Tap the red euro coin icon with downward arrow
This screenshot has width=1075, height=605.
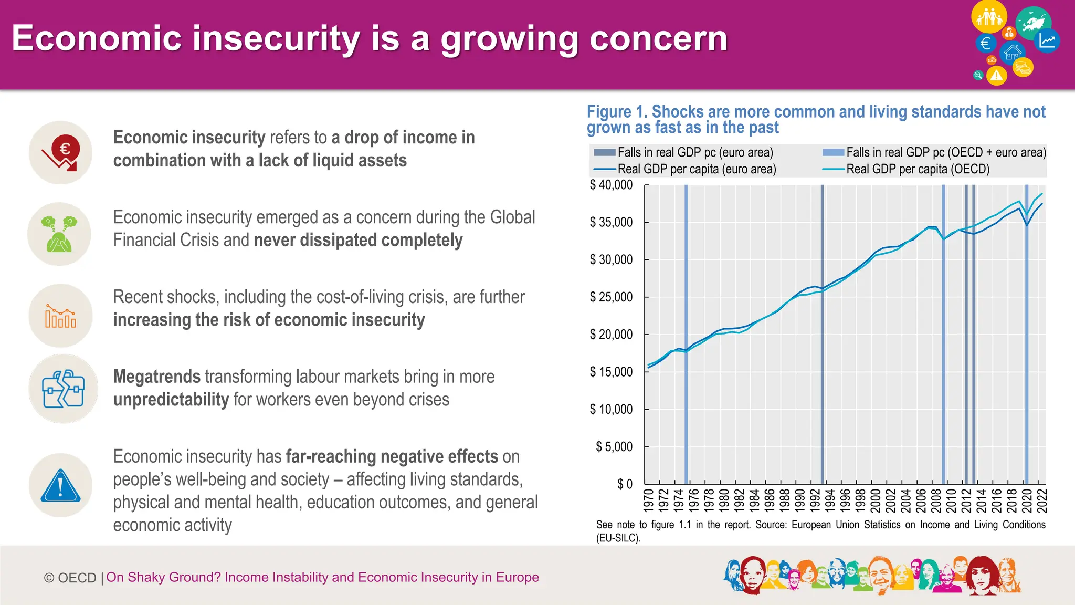click(61, 153)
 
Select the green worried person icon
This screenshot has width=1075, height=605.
click(59, 234)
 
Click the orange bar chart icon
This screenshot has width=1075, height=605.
click(60, 316)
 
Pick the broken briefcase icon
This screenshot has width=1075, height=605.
click(63, 389)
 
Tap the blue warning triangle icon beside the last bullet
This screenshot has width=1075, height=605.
click(61, 486)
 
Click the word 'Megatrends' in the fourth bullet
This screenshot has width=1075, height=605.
click(157, 377)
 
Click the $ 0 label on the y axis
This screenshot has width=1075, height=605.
click(625, 484)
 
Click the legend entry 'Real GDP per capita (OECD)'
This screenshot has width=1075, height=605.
click(918, 169)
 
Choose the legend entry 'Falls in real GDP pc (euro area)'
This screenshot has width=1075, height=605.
click(695, 152)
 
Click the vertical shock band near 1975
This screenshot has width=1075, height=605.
click(686, 336)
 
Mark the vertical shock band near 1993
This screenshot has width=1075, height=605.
click(823, 336)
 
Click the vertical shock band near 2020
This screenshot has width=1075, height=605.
click(1027, 336)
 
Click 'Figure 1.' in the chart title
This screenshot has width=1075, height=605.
click(617, 112)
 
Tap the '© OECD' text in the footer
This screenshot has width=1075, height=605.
click(70, 578)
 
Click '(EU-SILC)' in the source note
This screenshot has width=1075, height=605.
click(618, 538)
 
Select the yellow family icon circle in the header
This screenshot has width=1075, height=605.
click(989, 17)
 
